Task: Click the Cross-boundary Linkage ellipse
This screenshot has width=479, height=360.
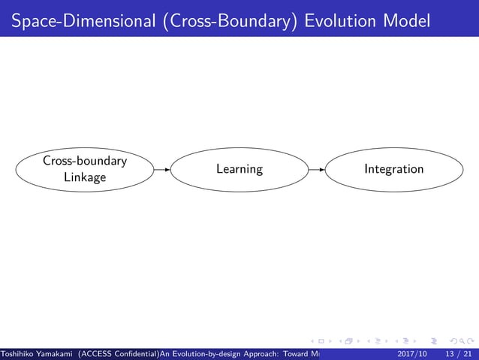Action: coord(84,169)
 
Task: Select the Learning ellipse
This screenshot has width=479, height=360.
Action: coord(239,169)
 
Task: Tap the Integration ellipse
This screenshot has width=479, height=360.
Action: coord(394,169)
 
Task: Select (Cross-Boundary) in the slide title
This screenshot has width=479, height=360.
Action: coord(224,21)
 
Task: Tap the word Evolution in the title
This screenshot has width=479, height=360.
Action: coord(342,21)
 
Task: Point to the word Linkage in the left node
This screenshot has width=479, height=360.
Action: coord(84,177)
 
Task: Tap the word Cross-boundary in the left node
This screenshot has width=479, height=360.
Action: coord(84,161)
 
